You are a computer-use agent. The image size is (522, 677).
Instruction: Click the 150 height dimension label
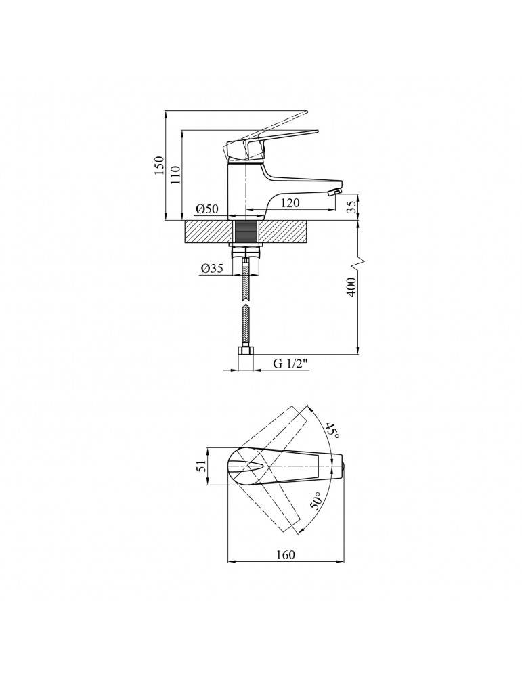(160, 165)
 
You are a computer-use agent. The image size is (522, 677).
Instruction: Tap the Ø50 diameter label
(206, 209)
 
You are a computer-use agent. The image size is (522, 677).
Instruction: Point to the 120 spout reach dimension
(290, 202)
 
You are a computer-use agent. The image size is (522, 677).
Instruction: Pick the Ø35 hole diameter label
(211, 268)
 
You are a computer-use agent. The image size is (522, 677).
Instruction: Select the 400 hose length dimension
(351, 286)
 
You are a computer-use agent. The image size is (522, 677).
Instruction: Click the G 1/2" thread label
(290, 363)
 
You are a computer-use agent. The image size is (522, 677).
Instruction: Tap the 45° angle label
(332, 431)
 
